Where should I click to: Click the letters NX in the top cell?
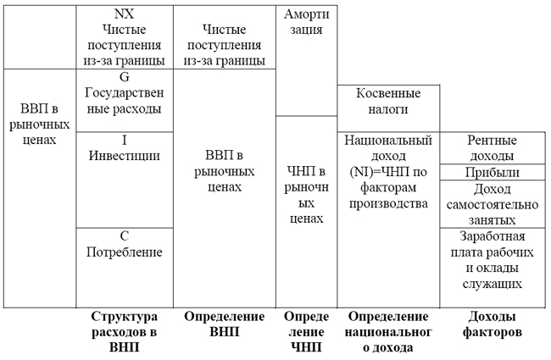(124, 14)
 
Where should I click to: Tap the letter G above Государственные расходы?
(124, 76)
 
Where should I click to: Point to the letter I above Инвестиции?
(124, 139)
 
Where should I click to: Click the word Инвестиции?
(124, 156)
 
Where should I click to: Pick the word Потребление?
(124, 252)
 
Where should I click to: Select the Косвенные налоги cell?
(387, 101)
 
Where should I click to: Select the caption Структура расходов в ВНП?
(124, 331)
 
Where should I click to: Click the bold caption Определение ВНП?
(224, 324)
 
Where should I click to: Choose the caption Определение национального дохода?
(387, 331)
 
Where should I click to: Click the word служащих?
(492, 285)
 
